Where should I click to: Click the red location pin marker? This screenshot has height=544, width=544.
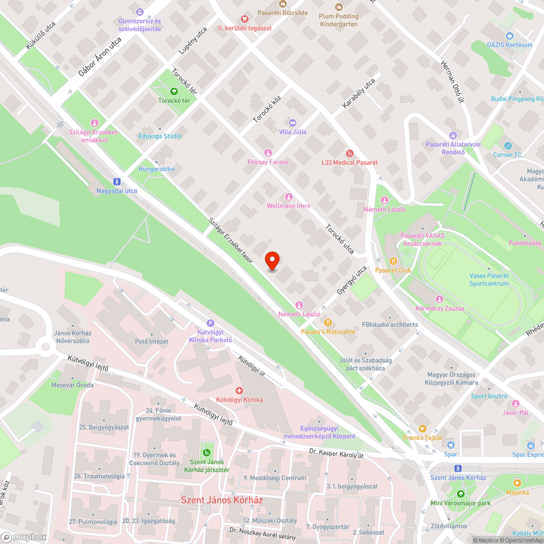click(x=272, y=261)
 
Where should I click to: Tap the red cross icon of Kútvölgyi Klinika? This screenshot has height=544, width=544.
click(x=239, y=391)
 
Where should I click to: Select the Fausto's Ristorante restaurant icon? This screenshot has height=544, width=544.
click(x=328, y=323)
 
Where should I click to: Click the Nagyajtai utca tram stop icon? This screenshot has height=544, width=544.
click(x=116, y=182)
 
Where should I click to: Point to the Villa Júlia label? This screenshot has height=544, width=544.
click(x=293, y=132)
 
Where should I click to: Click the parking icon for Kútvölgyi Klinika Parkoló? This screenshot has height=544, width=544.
click(x=211, y=323)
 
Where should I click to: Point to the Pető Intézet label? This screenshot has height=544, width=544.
click(x=152, y=342)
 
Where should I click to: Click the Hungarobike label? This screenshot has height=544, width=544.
click(x=156, y=169)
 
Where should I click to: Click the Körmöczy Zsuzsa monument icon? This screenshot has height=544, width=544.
click(x=439, y=299)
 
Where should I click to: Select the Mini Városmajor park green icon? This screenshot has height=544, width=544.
click(x=461, y=494)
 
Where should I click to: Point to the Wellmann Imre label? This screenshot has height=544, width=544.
click(x=288, y=206)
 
